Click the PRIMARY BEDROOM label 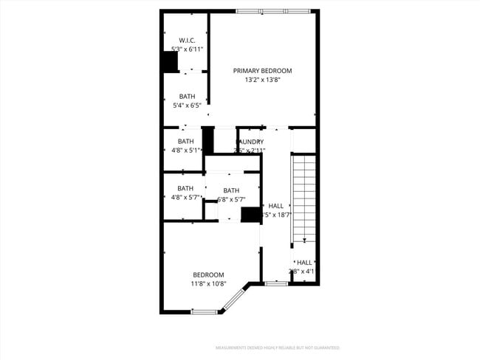click(262, 71)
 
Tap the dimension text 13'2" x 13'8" click(262, 80)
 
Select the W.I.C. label click(186, 40)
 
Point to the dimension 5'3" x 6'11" click(187, 49)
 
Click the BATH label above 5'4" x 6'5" click(187, 96)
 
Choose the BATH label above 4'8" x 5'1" click(185, 142)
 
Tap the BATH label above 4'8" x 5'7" click(185, 188)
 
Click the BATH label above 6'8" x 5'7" click(231, 190)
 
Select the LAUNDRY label click(250, 142)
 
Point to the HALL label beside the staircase click(275, 206)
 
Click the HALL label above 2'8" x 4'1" click(304, 262)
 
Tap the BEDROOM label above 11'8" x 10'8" click(208, 274)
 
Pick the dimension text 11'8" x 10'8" click(208, 283)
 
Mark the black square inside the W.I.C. click(170, 62)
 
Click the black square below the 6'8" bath click(251, 215)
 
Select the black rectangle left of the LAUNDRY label click(208, 140)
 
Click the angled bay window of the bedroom click(234, 300)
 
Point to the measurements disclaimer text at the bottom click(277, 347)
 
